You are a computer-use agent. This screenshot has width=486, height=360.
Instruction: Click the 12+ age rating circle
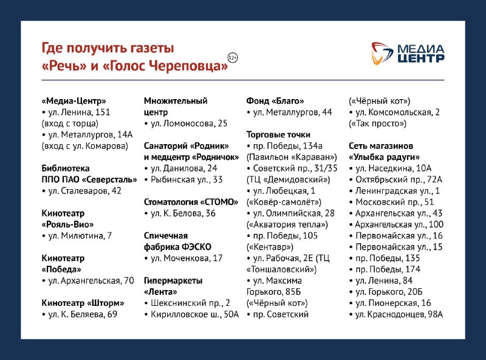(x=233, y=58)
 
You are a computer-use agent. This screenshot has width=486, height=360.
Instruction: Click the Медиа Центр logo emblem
(x=382, y=54)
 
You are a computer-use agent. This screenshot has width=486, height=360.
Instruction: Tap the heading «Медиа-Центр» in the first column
(x=74, y=101)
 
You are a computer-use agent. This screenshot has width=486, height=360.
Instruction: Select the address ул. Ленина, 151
(x=79, y=112)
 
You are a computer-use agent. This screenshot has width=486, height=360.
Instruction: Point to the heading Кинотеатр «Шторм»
(x=83, y=303)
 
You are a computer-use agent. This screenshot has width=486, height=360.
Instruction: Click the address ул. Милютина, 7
(x=80, y=236)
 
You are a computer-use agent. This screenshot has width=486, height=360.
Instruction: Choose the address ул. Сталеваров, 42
(x=84, y=191)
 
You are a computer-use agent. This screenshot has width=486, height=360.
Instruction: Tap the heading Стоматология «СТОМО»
(x=191, y=202)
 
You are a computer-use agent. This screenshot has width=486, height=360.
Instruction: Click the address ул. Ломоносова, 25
(x=189, y=123)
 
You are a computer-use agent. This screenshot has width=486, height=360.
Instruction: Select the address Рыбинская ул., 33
(x=187, y=179)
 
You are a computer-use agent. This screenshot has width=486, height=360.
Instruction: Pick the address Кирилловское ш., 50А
(x=194, y=314)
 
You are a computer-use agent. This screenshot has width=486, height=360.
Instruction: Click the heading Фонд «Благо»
(x=275, y=101)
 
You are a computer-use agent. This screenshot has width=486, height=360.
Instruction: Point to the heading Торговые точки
(x=278, y=134)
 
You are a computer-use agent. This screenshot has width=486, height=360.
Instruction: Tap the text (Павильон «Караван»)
(x=292, y=157)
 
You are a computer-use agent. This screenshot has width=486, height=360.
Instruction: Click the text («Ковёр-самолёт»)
(x=284, y=202)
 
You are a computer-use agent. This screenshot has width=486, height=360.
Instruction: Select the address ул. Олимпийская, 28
(x=294, y=213)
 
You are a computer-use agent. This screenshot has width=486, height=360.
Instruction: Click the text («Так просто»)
(x=377, y=123)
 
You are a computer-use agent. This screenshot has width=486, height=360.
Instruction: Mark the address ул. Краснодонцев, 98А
(x=399, y=314)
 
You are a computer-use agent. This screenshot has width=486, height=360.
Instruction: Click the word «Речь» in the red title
(x=64, y=66)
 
